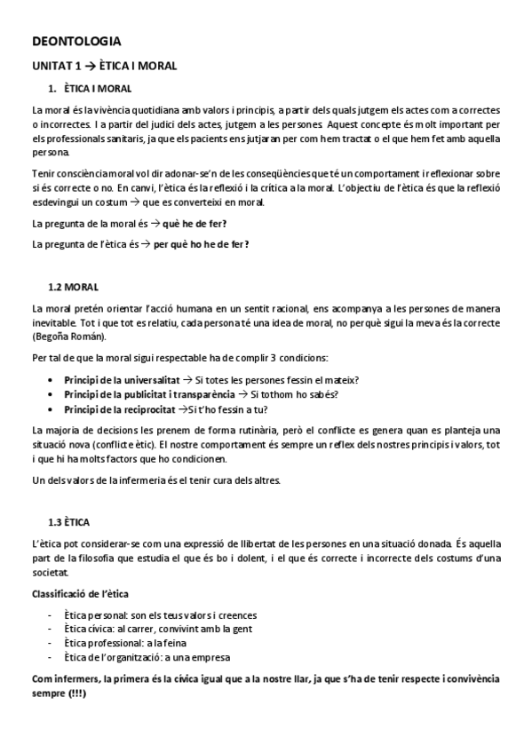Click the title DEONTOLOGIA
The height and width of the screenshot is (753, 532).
click(x=76, y=41)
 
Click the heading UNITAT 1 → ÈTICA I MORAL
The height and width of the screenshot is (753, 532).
click(x=105, y=66)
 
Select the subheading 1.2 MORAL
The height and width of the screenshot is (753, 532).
click(x=73, y=287)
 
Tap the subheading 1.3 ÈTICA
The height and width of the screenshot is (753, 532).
click(x=70, y=521)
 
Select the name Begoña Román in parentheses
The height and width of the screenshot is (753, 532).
click(x=69, y=337)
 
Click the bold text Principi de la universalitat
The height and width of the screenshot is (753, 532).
click(x=123, y=380)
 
